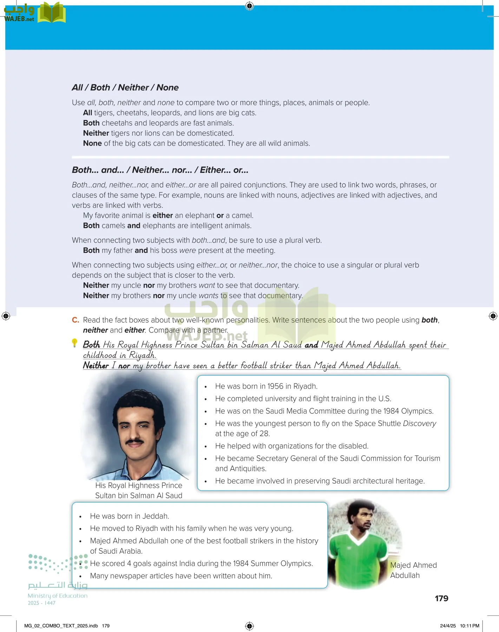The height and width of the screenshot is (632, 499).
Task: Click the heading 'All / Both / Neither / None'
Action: pos(125,87)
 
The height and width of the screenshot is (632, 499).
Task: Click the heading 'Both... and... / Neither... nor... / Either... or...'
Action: pos(160,170)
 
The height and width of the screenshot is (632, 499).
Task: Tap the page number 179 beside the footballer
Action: pos(441,598)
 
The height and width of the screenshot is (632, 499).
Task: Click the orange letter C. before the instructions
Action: pos(75,320)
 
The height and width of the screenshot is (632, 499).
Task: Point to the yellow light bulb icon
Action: pos(74,342)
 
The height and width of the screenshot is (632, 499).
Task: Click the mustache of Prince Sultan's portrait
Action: pos(134,441)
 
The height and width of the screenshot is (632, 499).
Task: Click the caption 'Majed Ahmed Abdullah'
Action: pos(413,570)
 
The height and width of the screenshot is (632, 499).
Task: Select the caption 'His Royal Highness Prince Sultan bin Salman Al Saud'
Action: pos(139,490)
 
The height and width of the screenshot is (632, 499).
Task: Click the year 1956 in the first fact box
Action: pos(275,386)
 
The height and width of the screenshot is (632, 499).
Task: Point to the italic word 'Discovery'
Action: pos(419,423)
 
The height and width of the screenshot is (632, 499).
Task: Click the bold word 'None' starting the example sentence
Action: pos(92,143)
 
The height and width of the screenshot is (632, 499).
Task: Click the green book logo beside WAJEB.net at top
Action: pos(51,13)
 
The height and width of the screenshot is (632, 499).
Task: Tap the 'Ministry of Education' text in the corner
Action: pos(58,595)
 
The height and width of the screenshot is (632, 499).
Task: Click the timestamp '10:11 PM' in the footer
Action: pos(470,626)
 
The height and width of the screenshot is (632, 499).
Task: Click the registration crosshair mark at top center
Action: pos(249,6)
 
